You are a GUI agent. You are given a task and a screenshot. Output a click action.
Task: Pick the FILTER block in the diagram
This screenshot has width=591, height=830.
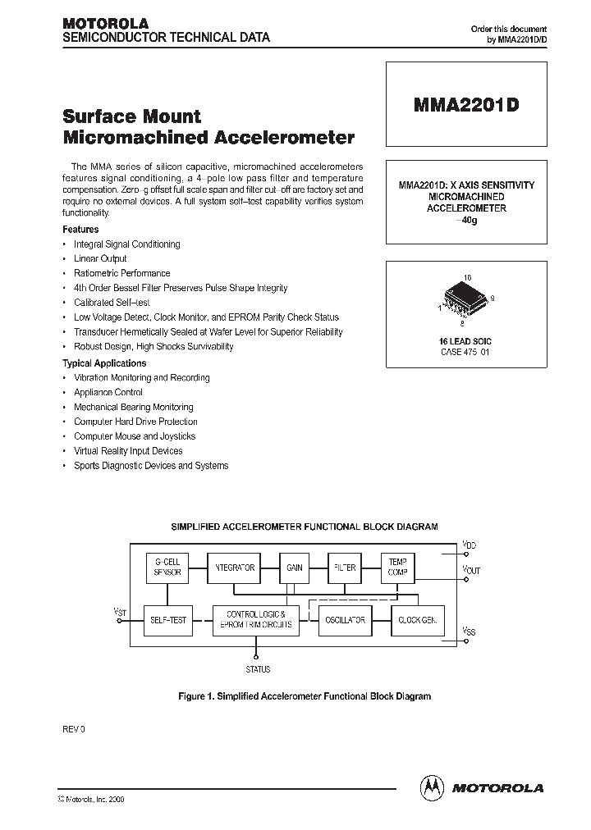pos(345,568)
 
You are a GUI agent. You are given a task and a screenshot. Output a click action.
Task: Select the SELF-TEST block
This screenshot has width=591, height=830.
pos(168,620)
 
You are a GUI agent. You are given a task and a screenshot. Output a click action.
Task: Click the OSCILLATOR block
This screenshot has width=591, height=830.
pos(344,620)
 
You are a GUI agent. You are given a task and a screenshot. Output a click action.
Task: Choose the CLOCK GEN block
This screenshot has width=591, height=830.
pos(417,620)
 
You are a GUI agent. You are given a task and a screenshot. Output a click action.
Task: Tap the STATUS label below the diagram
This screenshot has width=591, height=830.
pos(258,669)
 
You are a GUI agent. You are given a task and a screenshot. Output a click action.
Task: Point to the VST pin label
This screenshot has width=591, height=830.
pos(120,611)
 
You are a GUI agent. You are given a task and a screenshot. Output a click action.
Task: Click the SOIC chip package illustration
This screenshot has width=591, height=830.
pos(465,299)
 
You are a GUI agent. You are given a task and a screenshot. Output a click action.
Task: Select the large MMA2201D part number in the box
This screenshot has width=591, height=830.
pos(465,106)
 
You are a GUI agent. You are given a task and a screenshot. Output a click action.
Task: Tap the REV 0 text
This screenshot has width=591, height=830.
pos(74,729)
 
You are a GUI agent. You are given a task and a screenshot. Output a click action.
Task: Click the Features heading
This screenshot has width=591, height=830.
pos(80,230)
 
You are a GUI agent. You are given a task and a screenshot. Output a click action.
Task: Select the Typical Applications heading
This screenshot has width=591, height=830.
pos(104,363)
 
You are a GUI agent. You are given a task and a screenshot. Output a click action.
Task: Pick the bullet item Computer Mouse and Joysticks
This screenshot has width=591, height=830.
pos(135,436)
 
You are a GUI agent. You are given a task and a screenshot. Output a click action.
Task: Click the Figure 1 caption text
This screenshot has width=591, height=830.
pos(304,695)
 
